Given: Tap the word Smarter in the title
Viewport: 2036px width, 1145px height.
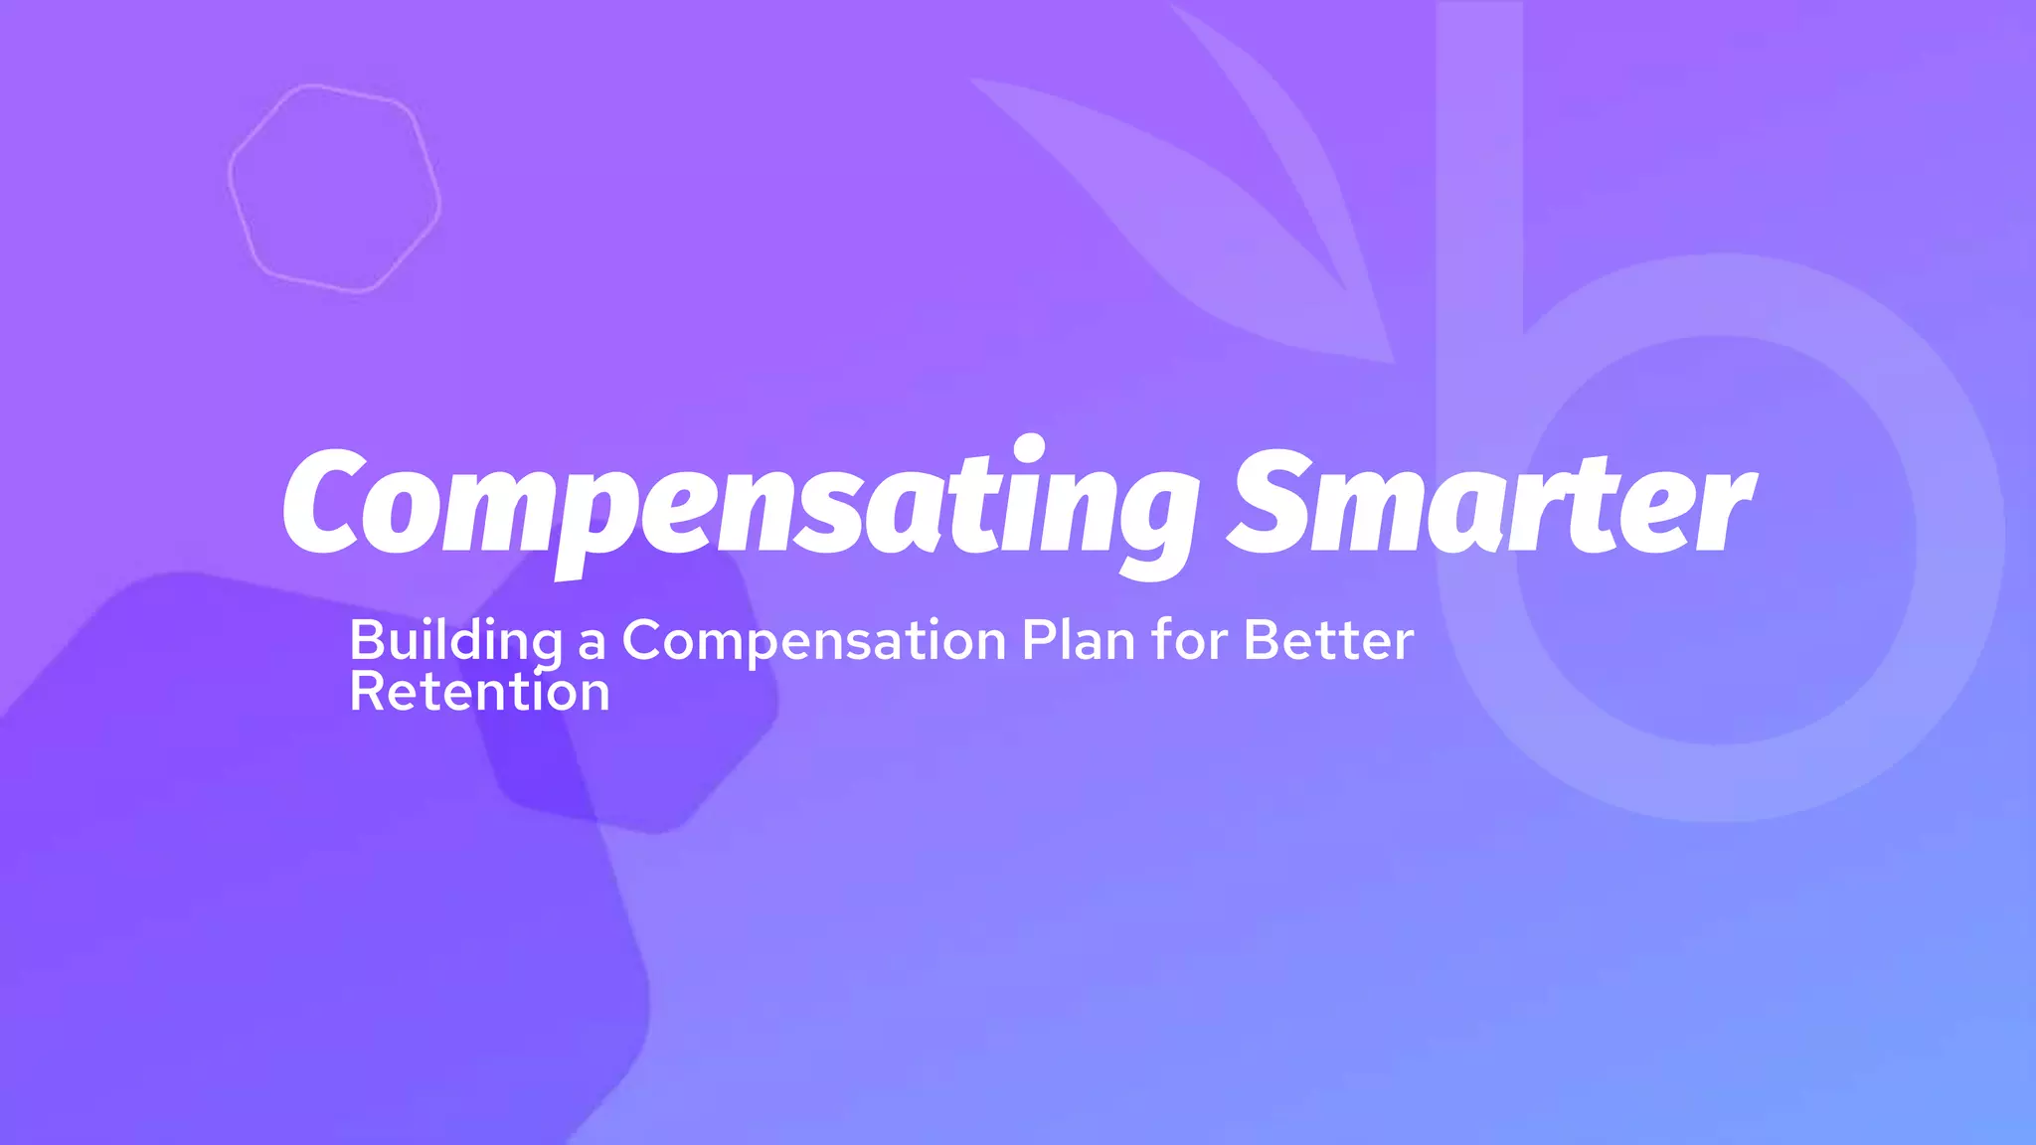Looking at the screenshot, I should pyautogui.click(x=1491, y=502).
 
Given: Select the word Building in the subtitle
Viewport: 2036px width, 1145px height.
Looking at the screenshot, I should pyautogui.click(x=455, y=641).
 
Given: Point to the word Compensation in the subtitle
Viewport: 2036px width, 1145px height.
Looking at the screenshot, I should pyautogui.click(x=814, y=641).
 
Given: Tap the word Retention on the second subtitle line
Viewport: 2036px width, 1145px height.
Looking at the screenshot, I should pyautogui.click(x=479, y=692).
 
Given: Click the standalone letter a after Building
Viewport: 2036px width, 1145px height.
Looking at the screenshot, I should pyautogui.click(x=592, y=643).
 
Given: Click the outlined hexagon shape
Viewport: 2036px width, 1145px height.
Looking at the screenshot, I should pyautogui.click(x=334, y=189).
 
